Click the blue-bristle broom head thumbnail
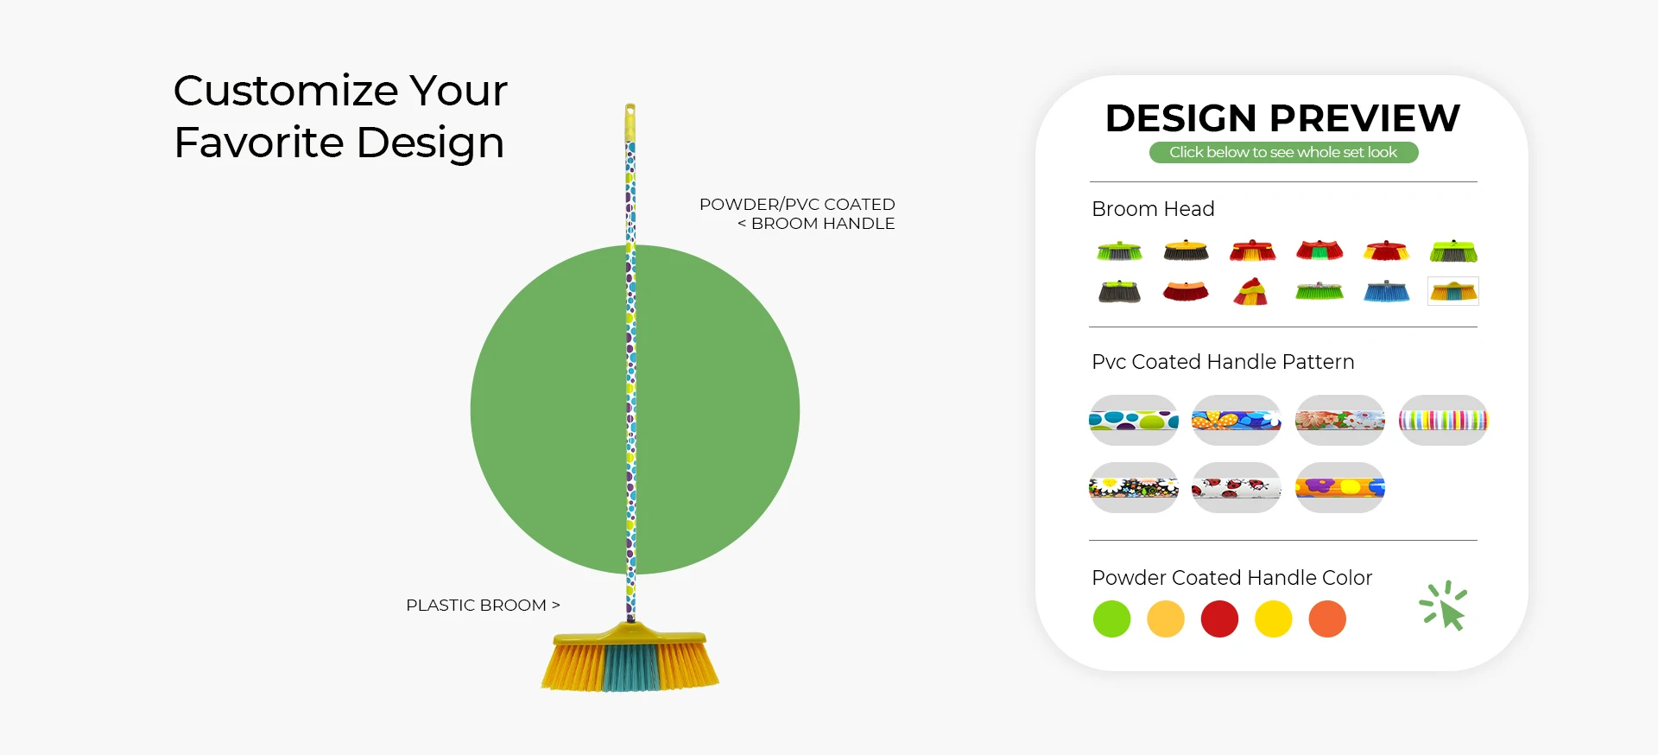tap(1386, 291)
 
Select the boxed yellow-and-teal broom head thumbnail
tap(1453, 291)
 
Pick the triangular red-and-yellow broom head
tap(1250, 291)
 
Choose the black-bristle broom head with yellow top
tap(1186, 251)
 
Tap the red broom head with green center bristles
tap(1319, 251)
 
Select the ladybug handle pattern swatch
tap(1237, 488)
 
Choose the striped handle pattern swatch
tap(1443, 421)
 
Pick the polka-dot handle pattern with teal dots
tap(1134, 421)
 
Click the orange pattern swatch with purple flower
tap(1340, 488)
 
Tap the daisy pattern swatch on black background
tap(1134, 488)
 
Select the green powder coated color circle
tap(1111, 619)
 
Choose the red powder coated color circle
tap(1219, 619)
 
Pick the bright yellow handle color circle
tap(1274, 619)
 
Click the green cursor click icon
tap(1444, 606)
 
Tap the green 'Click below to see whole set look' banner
tap(1283, 152)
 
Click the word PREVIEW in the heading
tap(1364, 118)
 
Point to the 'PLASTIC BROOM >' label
tap(483, 606)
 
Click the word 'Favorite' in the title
tap(259, 143)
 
